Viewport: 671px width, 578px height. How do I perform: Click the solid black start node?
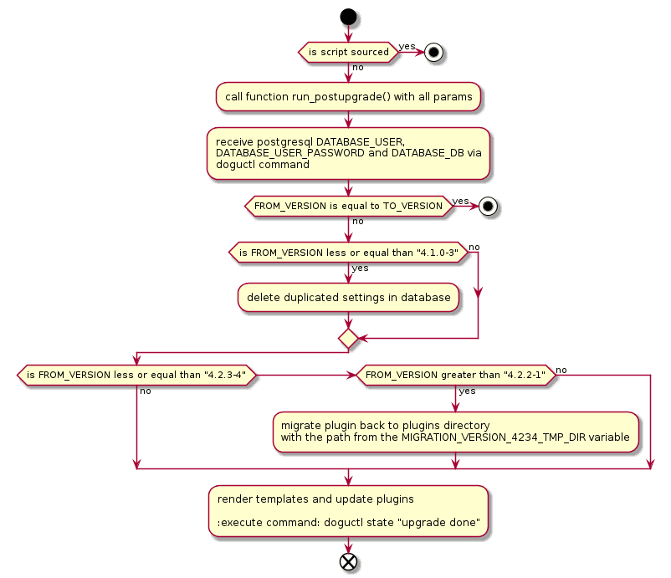(349, 17)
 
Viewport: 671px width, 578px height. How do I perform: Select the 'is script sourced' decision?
(349, 52)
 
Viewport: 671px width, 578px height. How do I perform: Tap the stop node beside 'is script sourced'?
(433, 52)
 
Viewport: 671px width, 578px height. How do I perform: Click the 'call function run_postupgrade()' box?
(349, 97)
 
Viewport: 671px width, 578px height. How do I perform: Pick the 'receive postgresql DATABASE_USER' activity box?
(349, 153)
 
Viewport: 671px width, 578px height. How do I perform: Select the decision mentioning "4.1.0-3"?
(349, 253)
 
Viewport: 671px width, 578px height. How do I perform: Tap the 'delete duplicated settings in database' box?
(349, 298)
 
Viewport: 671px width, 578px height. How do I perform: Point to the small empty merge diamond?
(349, 338)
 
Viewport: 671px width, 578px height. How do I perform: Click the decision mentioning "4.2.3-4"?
(136, 376)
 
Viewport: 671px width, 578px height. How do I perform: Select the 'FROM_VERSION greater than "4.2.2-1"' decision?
(456, 376)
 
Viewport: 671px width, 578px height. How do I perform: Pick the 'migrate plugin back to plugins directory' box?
(456, 432)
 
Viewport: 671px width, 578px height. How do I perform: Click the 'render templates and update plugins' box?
(349, 511)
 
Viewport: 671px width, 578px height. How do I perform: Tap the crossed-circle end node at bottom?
(349, 561)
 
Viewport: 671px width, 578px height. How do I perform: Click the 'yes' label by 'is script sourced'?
(407, 45)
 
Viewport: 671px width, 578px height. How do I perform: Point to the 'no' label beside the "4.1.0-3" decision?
(474, 247)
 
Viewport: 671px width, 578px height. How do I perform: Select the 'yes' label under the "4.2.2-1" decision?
(467, 391)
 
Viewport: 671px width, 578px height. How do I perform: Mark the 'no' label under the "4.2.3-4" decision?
(146, 391)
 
